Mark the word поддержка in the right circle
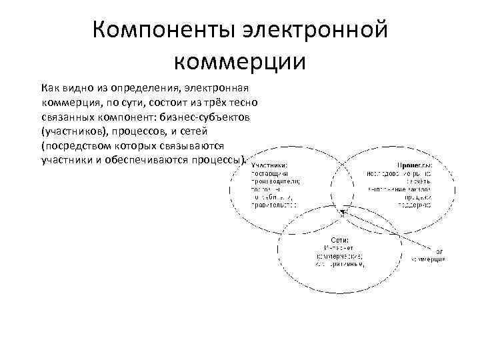[x=415, y=205]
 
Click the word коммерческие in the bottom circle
[x=339, y=255]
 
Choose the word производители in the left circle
[x=275, y=181]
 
